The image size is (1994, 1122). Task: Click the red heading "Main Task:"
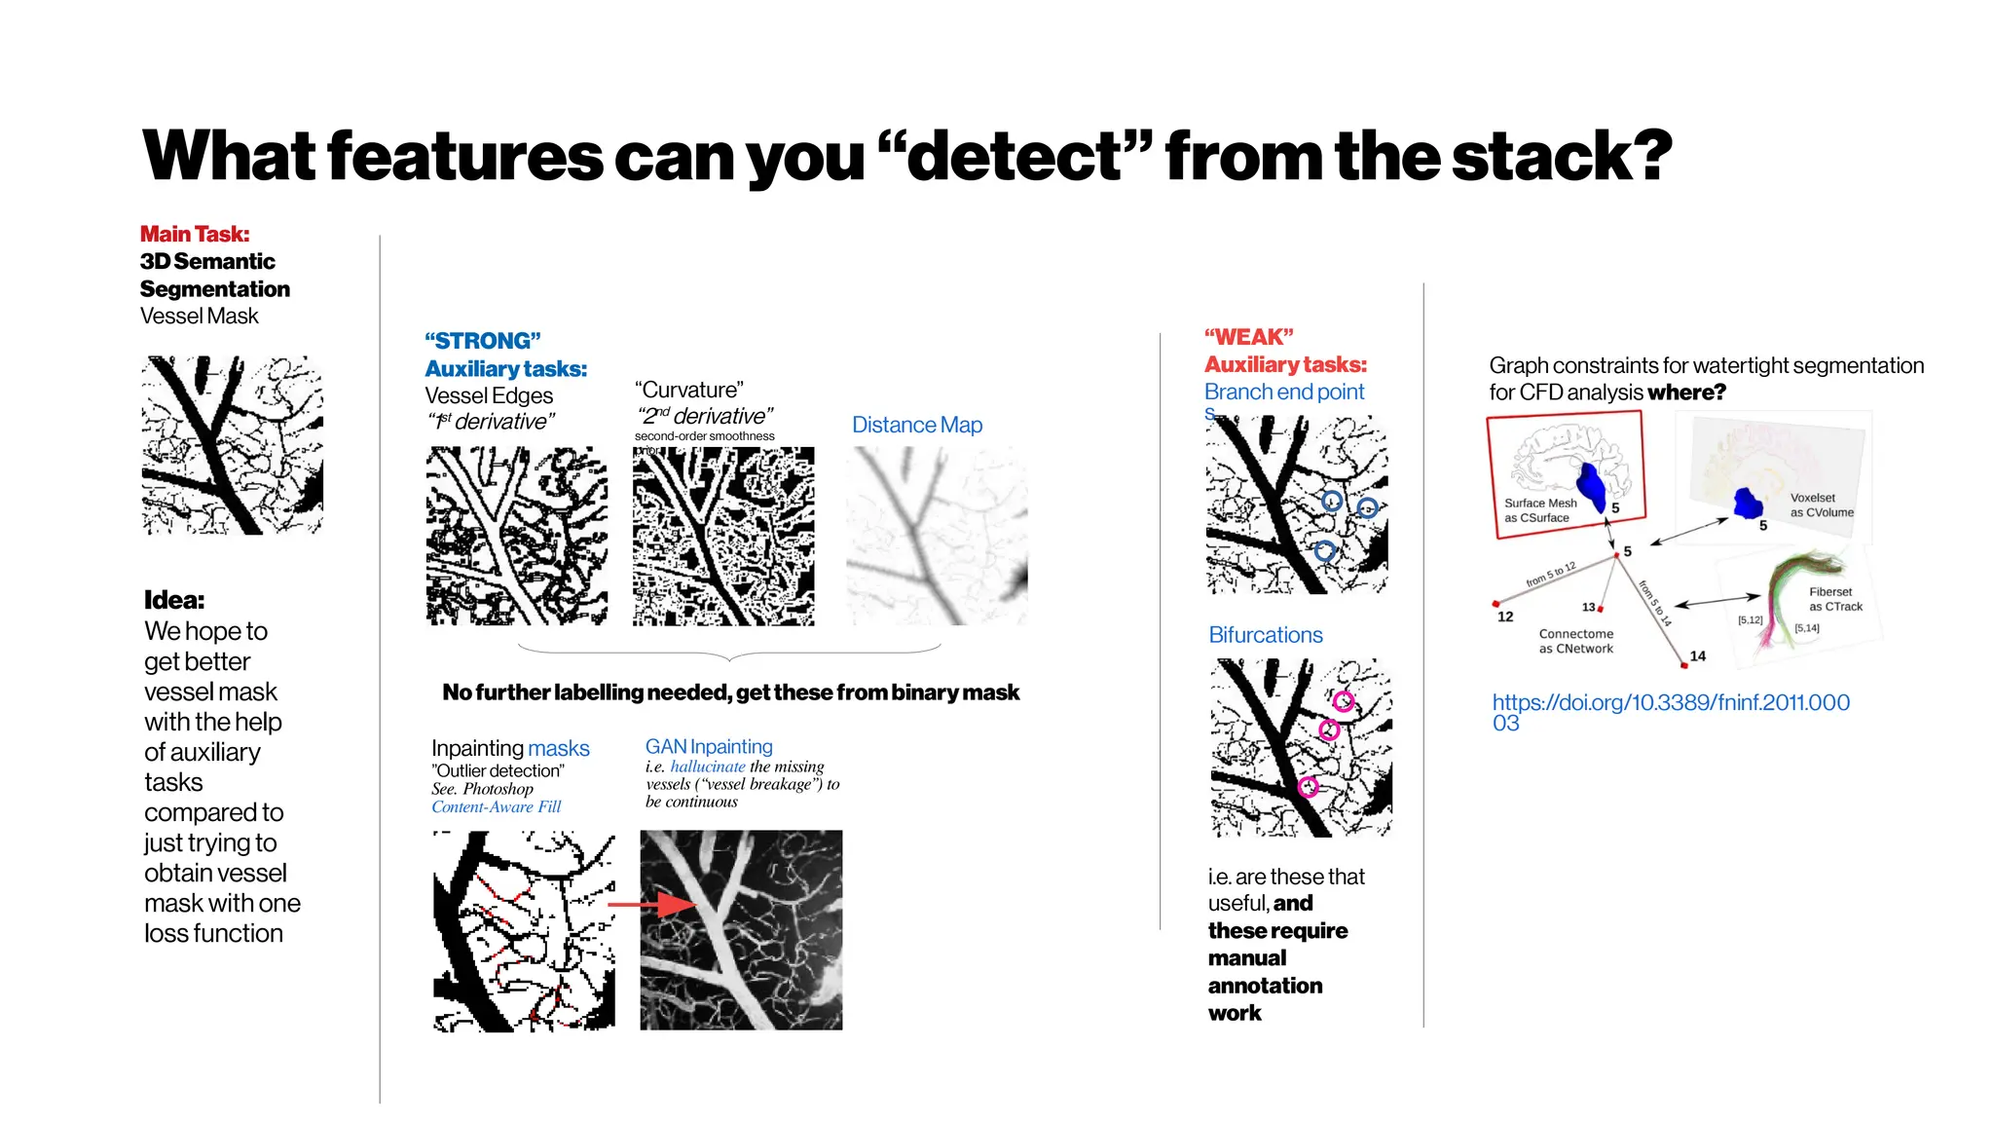(195, 234)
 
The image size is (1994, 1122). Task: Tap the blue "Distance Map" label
(916, 425)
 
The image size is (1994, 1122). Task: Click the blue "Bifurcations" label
(1265, 635)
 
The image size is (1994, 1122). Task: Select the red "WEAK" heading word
(1249, 337)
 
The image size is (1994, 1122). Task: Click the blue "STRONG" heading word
(483, 341)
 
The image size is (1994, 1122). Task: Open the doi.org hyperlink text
(1670, 703)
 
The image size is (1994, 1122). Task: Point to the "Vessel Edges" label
(489, 395)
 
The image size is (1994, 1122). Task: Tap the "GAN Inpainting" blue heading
(709, 746)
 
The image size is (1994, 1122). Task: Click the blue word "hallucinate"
(707, 767)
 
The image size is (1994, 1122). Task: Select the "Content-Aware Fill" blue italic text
(496, 806)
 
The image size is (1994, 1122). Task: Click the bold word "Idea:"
(174, 600)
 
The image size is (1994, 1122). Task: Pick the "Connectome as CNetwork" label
(1575, 641)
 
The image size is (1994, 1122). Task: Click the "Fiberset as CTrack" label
(1835, 599)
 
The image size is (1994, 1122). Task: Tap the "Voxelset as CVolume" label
(1821, 505)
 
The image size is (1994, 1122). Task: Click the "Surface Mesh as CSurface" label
(1539, 510)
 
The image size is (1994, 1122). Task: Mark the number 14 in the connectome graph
(1698, 656)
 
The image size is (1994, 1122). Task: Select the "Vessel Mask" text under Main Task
(199, 316)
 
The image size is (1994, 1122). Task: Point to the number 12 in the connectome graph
(1505, 617)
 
